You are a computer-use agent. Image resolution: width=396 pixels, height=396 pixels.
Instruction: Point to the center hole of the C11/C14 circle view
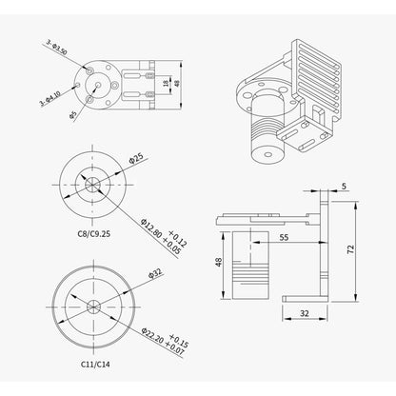tap(92, 305)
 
